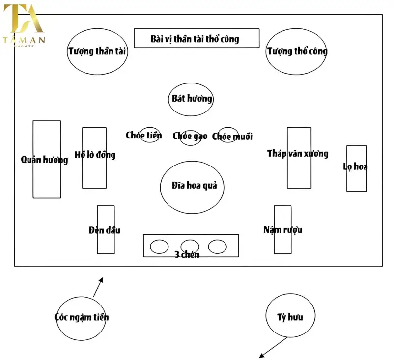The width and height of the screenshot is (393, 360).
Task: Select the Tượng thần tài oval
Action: pyautogui.click(x=98, y=51)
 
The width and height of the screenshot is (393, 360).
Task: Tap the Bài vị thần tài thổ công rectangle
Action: pyautogui.click(x=196, y=38)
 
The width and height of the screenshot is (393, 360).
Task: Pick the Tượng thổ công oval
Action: pyautogui.click(x=296, y=51)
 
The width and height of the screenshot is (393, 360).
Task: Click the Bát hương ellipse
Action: pyautogui.click(x=192, y=99)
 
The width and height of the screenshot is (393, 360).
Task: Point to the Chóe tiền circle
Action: pyautogui.click(x=150, y=135)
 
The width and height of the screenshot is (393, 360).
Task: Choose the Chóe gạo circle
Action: pyautogui.click(x=190, y=136)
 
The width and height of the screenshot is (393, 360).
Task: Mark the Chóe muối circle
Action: pyautogui.click(x=228, y=135)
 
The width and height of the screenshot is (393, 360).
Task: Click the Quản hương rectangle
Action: pyautogui.click(x=47, y=160)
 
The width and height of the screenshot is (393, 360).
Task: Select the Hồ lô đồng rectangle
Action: pyautogui.click(x=94, y=158)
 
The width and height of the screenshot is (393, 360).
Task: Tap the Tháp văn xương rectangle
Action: pyautogui.click(x=299, y=158)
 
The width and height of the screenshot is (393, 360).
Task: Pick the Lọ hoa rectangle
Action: pyautogui.click(x=356, y=168)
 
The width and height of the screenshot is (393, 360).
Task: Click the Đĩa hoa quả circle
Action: pyautogui.click(x=192, y=187)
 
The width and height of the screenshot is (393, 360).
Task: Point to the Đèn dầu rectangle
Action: pyautogui.click(x=106, y=229)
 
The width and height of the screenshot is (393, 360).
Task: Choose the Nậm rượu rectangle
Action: pyautogui.click(x=282, y=229)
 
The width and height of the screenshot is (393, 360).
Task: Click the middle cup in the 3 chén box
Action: pyautogui.click(x=190, y=246)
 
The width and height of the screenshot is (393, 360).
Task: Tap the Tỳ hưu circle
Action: pyautogui.click(x=290, y=317)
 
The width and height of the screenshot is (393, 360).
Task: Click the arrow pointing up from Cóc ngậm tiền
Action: pyautogui.click(x=98, y=287)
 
